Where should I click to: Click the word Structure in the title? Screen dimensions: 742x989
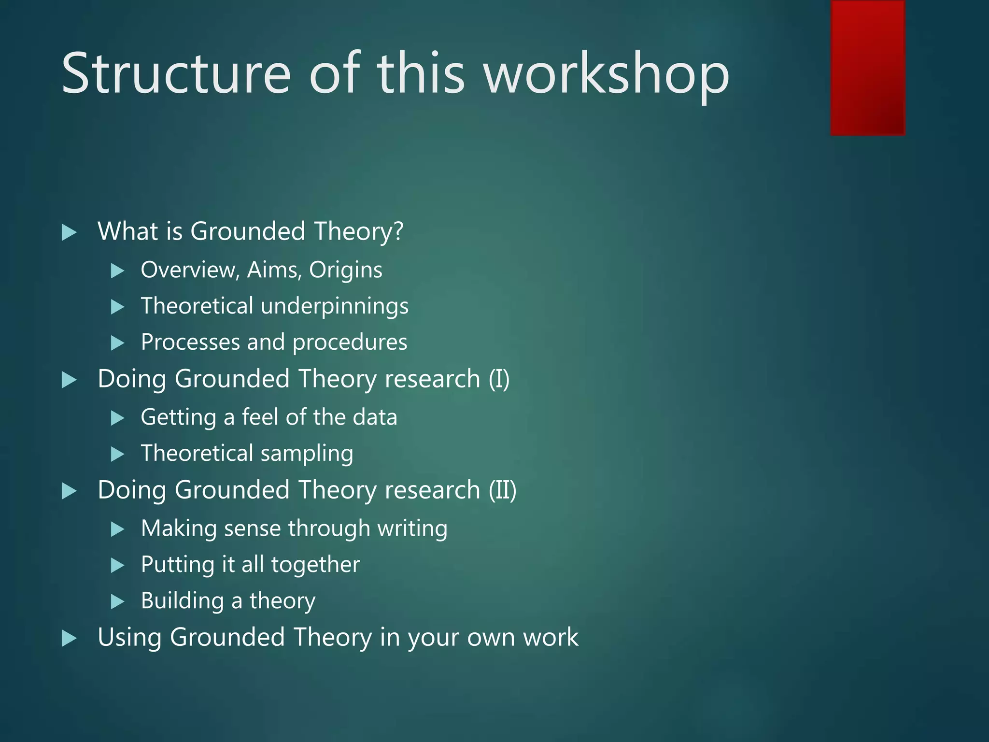tap(176, 73)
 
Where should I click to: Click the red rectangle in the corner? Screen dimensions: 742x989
tap(867, 68)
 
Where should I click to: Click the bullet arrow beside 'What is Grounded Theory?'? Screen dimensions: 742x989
tap(70, 232)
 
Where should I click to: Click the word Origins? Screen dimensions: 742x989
tap(346, 270)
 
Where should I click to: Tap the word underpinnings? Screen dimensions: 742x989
tap(335, 306)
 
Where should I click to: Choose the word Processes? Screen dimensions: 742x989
tap(190, 342)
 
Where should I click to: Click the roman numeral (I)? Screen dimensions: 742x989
tap(499, 379)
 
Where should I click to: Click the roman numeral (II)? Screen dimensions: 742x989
tap(502, 490)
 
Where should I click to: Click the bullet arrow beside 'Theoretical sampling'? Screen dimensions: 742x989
tap(117, 454)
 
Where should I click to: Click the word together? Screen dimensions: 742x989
tap(315, 565)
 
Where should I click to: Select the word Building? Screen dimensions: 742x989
tap(183, 601)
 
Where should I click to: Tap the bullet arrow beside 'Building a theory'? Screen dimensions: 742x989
tap(117, 601)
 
